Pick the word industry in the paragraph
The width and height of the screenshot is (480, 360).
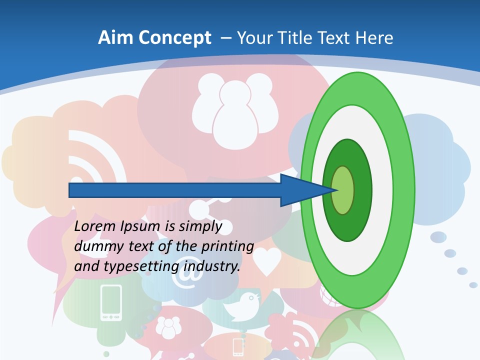pos(212,266)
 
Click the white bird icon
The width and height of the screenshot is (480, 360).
pos(242,306)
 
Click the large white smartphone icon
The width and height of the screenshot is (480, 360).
pos(111,302)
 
